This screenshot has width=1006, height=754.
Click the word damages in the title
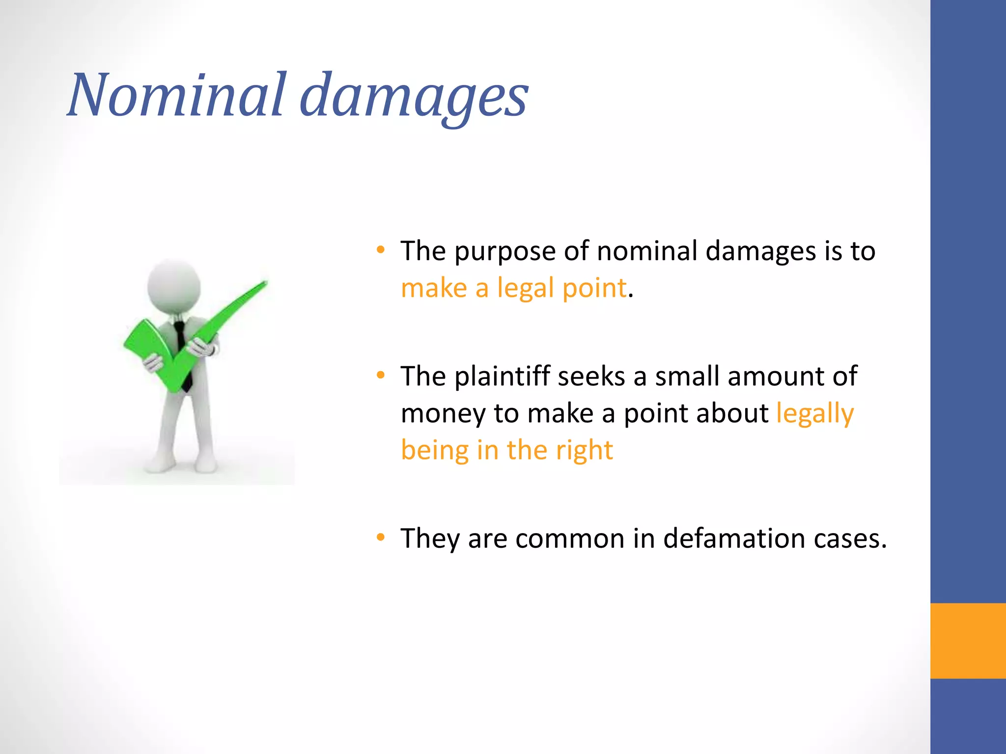tap(414, 97)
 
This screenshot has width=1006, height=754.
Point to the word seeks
tap(591, 377)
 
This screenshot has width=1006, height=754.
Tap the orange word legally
tap(815, 414)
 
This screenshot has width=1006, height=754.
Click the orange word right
tap(584, 451)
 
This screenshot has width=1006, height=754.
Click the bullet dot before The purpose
tap(381, 250)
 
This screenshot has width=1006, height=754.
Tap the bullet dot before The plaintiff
tap(381, 376)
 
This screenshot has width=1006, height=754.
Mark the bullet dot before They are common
tap(381, 538)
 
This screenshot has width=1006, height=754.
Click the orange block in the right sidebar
tap(968, 641)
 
